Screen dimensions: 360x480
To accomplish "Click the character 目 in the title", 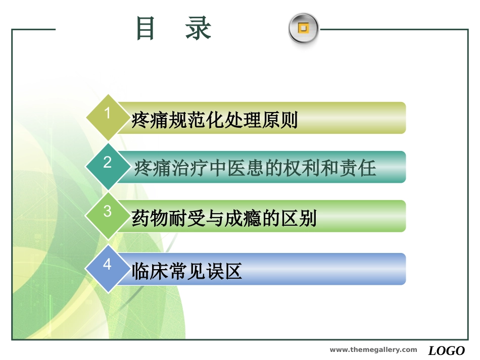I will coord(146,28).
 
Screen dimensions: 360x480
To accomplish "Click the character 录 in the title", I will coord(198,28).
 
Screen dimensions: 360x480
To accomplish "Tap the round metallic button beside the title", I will coord(303,28).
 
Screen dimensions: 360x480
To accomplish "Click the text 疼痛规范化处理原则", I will coord(215,121).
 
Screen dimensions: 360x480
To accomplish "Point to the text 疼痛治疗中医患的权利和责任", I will coord(255,168).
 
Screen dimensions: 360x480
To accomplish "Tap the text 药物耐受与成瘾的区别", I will coord(224,219).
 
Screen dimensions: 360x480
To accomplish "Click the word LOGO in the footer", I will coord(447,350).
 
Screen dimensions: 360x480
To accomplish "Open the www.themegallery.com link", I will coord(373,350).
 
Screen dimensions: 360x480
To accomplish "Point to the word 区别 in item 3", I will coord(298,219).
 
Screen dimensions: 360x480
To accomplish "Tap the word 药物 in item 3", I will coord(150,219).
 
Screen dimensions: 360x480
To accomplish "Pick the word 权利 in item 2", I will coord(302,168).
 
